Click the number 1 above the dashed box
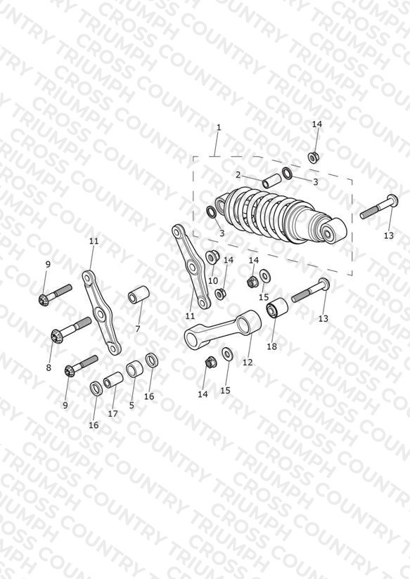219,127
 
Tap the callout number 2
238,175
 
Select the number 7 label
138,329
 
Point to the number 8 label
49,367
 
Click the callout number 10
213,280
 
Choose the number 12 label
248,363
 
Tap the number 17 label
113,414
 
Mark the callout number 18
271,346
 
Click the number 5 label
132,405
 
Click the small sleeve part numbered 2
271,183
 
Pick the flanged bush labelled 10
212,256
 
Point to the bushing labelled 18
277,308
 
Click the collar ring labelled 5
134,370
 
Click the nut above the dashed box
314,157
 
